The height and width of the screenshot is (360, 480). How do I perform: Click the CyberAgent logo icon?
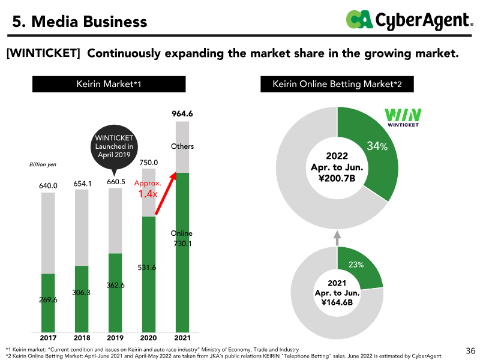pos(359,20)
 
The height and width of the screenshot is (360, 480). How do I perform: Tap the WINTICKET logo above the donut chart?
pos(401,117)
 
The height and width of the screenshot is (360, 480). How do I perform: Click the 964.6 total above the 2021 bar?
pos(182,113)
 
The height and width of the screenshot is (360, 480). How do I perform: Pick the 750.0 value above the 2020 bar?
pos(149,162)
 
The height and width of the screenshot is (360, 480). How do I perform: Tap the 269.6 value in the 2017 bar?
pos(48,299)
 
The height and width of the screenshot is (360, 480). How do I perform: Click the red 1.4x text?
pos(148,194)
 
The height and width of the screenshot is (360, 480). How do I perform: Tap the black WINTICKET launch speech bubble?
pos(115,148)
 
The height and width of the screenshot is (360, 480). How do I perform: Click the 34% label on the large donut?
pos(377,146)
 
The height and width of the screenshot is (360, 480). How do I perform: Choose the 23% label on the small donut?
pos(356,265)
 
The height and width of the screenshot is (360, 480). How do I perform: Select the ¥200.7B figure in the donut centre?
pos(337,178)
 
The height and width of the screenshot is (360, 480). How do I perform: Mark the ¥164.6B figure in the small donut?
pos(337,302)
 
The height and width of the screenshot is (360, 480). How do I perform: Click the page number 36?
pos(470,350)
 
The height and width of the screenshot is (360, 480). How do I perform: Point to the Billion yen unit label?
pos(43,164)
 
